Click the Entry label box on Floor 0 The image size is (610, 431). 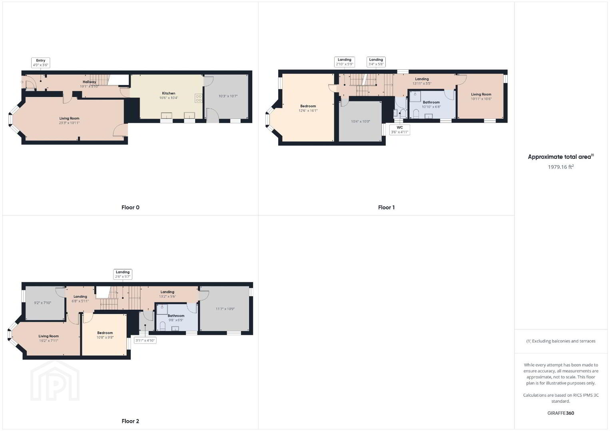pyautogui.click(x=41, y=63)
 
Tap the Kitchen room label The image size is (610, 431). pyautogui.click(x=169, y=93)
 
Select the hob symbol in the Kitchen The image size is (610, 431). pyautogui.click(x=199, y=98)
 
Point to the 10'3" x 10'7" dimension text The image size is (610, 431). pyautogui.click(x=228, y=96)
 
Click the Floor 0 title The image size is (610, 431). pyautogui.click(x=130, y=208)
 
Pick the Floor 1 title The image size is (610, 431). pyautogui.click(x=386, y=208)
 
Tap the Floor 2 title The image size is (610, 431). pyautogui.click(x=130, y=421)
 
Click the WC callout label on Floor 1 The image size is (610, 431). pyautogui.click(x=399, y=130)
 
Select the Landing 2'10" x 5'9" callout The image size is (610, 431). pyautogui.click(x=344, y=62)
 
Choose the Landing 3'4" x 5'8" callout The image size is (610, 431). pyautogui.click(x=376, y=62)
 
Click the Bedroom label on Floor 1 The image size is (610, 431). pyautogui.click(x=308, y=106)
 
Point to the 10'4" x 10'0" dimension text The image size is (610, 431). pyautogui.click(x=360, y=122)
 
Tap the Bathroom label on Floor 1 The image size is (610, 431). pyautogui.click(x=431, y=102)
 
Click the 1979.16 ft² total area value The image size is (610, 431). pyautogui.click(x=561, y=167)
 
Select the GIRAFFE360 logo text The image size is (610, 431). pyautogui.click(x=561, y=413)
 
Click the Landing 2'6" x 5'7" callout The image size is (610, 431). pyautogui.click(x=123, y=274)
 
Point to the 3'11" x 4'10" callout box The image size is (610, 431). pyautogui.click(x=145, y=340)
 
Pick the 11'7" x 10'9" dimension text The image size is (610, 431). pyautogui.click(x=225, y=309)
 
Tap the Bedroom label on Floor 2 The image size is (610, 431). pyautogui.click(x=105, y=333)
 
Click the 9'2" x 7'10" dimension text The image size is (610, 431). pyautogui.click(x=42, y=302)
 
